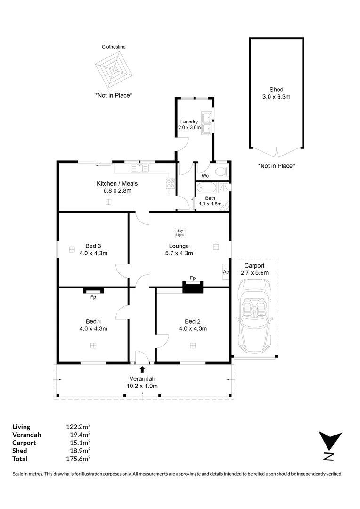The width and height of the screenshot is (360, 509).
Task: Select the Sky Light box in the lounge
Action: [x=180, y=232]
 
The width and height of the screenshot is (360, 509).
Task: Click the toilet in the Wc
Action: [x=222, y=171]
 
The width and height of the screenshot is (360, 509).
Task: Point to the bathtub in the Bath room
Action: [x=207, y=188]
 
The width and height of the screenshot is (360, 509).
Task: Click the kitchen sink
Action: [x=139, y=168]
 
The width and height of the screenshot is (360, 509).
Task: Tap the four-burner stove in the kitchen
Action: [x=171, y=184]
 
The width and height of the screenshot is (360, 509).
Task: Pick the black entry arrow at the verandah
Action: [x=142, y=369]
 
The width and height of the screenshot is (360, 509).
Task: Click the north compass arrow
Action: [x=330, y=441]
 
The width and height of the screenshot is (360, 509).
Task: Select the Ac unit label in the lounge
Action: [x=226, y=272]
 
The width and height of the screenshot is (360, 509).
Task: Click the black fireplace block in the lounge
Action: [x=193, y=287]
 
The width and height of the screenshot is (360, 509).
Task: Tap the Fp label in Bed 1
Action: [x=93, y=297]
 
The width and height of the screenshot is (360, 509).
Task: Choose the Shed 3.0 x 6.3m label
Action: [x=277, y=93]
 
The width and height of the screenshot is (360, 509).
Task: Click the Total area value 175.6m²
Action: [x=78, y=459]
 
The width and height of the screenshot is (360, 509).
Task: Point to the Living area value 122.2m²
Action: [x=78, y=427]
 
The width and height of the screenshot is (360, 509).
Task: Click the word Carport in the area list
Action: [x=24, y=443]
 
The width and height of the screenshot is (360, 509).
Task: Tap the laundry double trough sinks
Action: [x=206, y=122]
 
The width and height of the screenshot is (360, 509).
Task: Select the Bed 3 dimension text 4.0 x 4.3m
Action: [x=93, y=253]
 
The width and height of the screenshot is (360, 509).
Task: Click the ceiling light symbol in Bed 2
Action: [x=193, y=345]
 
